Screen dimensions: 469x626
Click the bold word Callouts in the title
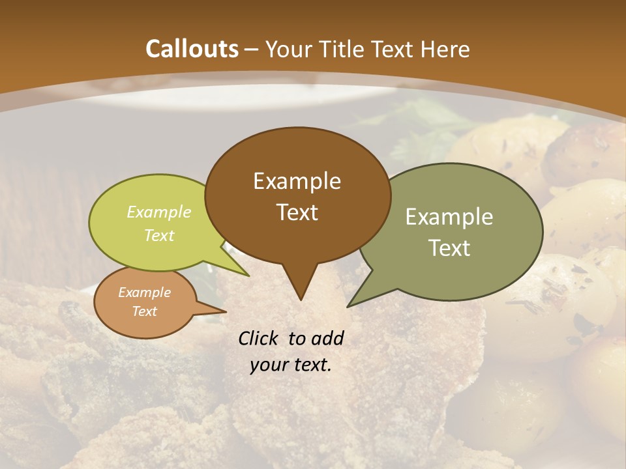coord(192,49)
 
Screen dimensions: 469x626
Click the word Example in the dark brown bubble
coord(297,181)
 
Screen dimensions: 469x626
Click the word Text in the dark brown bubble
coord(297,212)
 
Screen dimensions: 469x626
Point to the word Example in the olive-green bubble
coord(449,217)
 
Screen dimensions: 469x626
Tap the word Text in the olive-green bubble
coord(449,248)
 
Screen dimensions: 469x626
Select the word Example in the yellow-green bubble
coord(159,212)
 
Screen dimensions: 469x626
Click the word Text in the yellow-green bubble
coord(159,235)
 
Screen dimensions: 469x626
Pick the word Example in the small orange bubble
coord(144,292)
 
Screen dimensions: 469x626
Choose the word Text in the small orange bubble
coord(144,311)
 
